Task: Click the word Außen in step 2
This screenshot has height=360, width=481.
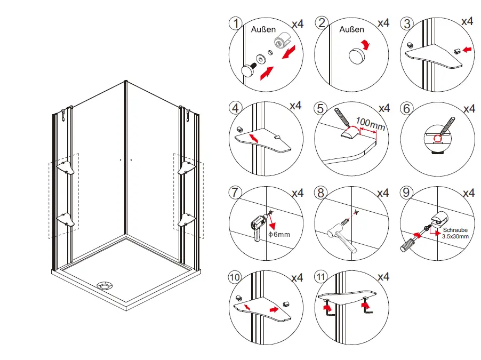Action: [x=351, y=30]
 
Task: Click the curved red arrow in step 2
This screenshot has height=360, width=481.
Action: [x=364, y=44]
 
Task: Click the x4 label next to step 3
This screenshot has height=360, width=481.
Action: [x=467, y=22]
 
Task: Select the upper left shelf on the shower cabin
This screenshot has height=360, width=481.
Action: [x=66, y=167]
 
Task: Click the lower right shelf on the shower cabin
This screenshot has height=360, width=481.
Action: [x=187, y=219]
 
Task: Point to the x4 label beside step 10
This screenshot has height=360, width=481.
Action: [x=297, y=278]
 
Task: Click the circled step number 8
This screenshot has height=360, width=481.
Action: [x=321, y=193]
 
